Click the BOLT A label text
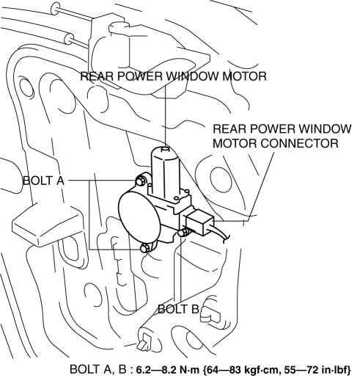click(x=43, y=181)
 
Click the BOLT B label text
click(x=178, y=309)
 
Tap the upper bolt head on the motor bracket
click(x=140, y=181)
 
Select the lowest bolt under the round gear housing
click(x=145, y=248)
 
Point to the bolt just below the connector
click(x=183, y=232)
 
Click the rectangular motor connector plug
click(x=199, y=222)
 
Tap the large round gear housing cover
click(x=139, y=216)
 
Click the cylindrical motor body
click(x=165, y=171)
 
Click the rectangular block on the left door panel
click(x=46, y=225)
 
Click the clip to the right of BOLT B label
click(x=210, y=314)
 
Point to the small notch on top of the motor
click(x=166, y=148)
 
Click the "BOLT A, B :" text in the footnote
click(x=101, y=370)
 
